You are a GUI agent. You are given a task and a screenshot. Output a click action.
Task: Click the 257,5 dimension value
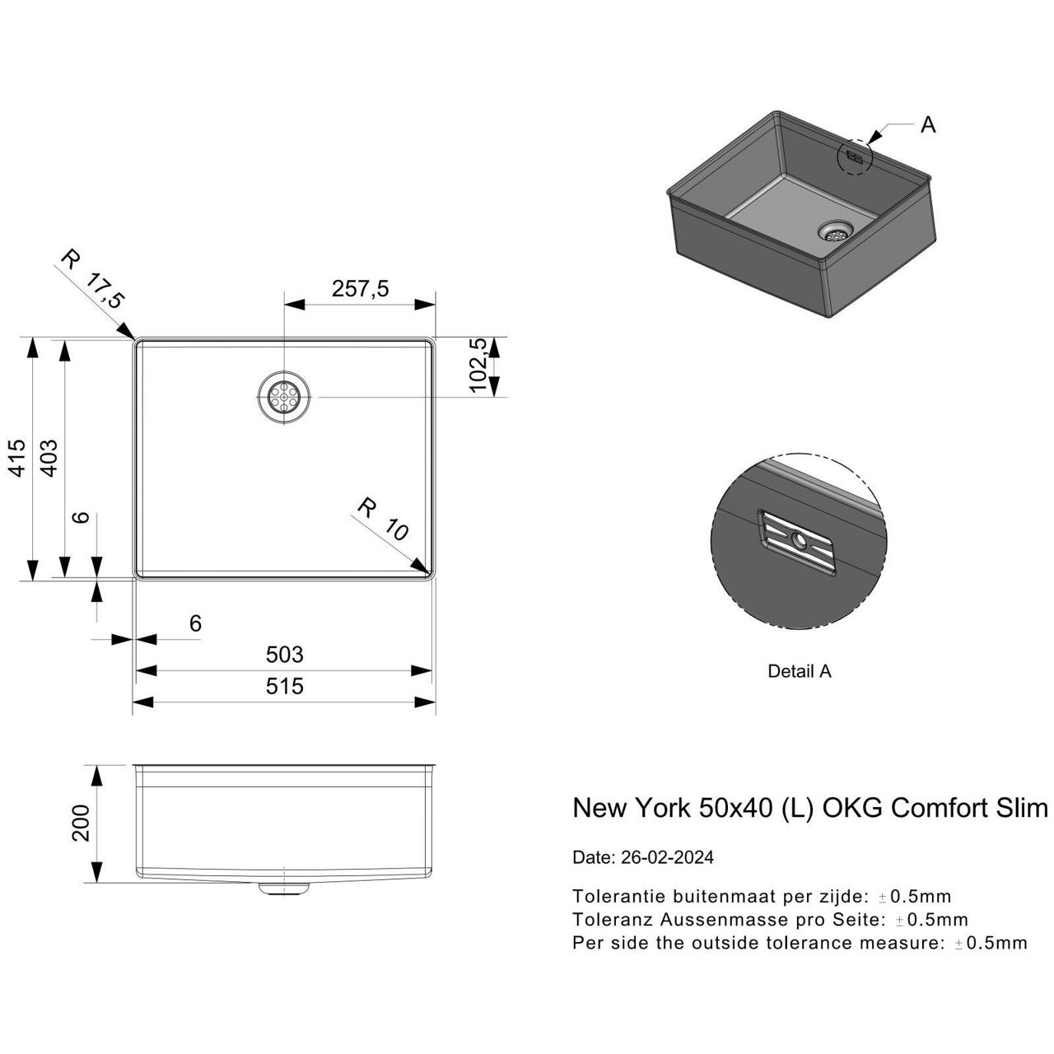coord(360,289)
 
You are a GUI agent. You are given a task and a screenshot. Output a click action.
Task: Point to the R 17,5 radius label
coord(92,280)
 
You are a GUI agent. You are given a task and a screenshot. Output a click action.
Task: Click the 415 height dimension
coord(18,458)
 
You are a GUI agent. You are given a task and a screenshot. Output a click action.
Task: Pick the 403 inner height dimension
coord(49,458)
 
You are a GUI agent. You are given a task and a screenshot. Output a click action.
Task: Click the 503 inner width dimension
coord(285,655)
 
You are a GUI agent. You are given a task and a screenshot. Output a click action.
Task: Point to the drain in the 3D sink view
coord(836,231)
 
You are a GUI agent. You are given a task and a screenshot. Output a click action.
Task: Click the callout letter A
coord(928,125)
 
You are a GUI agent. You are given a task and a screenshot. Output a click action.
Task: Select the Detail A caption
coord(800,671)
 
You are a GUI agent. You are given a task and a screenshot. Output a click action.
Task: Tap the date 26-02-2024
coord(665,857)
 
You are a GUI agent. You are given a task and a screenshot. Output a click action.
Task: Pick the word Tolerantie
coord(618,896)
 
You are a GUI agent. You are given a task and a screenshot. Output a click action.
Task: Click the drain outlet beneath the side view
coord(284,888)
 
